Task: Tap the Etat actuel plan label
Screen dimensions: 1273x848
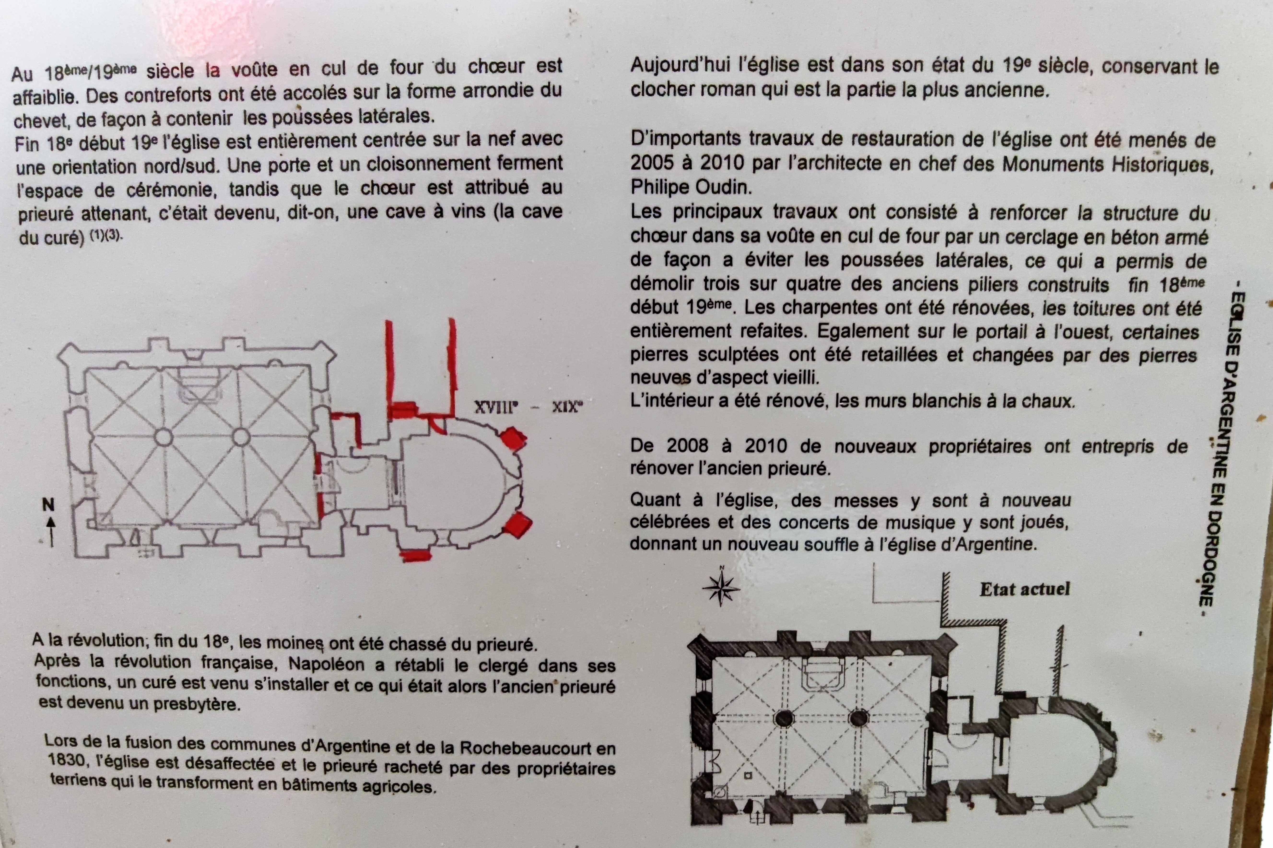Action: click(1025, 589)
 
